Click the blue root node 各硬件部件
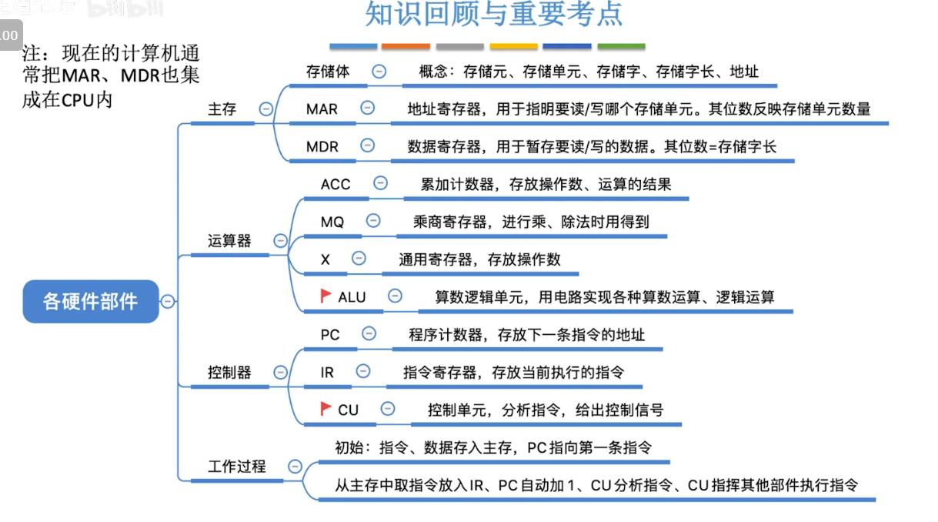pos(90,301)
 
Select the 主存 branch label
pos(222,109)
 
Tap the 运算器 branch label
pos(229,241)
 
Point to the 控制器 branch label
pos(229,373)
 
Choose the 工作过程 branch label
pos(237,467)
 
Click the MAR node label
pos(322,109)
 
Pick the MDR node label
pos(322,146)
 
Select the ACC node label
pos(335,184)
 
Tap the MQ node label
pos(332,222)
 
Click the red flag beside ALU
pos(326,296)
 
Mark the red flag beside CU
pos(326,408)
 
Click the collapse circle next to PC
pos(369,334)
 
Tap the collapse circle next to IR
pos(363,372)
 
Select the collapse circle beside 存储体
pos(379,71)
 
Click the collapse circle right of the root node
pos(168,301)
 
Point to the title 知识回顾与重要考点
pos(494,15)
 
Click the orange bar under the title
pos(406,47)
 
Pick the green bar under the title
pos(621,47)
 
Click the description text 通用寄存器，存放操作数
pos(479,259)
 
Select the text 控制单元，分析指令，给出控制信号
pos(546,410)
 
